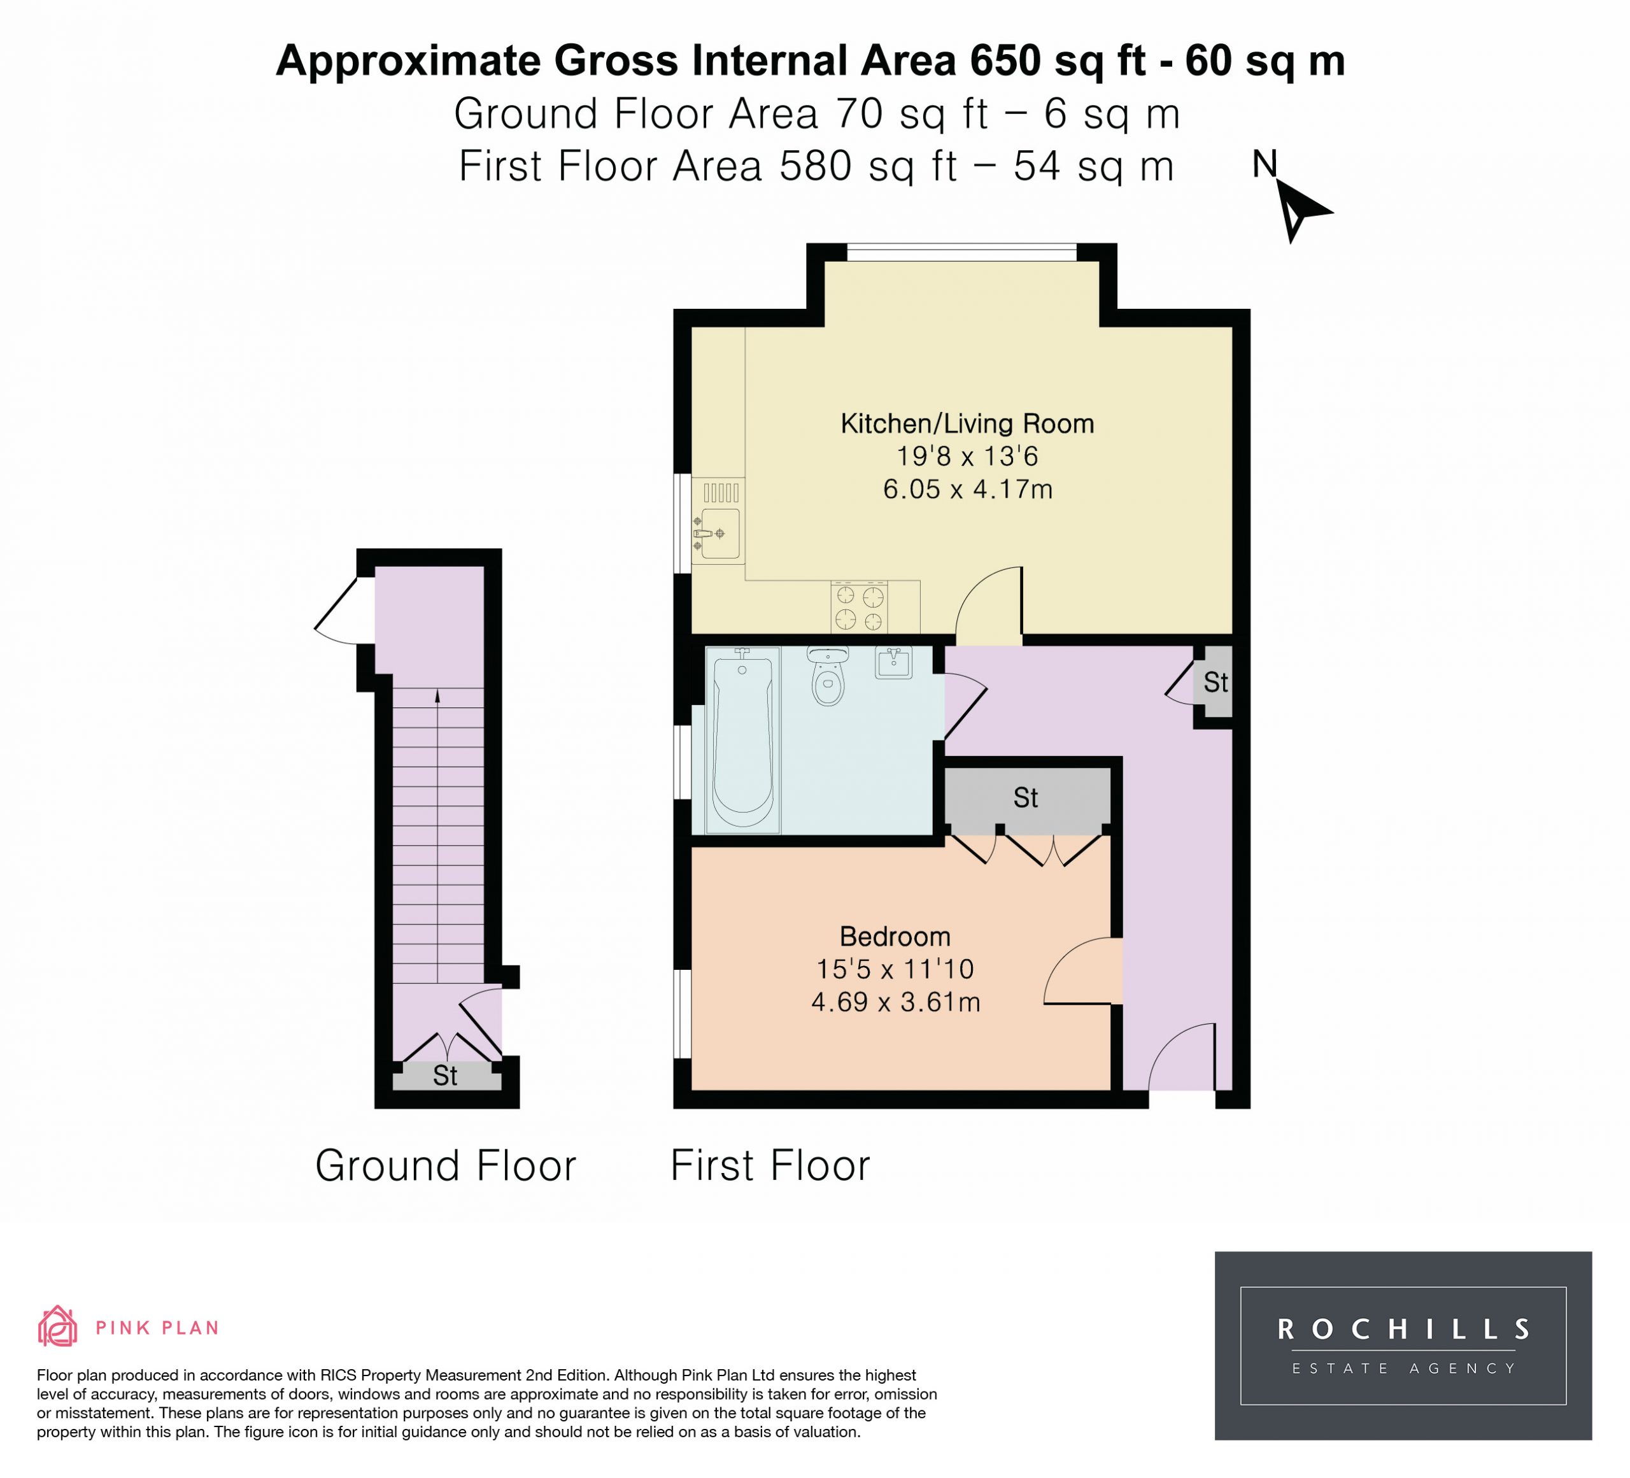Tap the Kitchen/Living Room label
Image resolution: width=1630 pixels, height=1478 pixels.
967,423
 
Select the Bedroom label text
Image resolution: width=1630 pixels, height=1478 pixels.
895,936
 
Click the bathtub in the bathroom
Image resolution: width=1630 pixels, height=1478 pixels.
742,740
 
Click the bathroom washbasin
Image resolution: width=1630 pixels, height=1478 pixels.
893,662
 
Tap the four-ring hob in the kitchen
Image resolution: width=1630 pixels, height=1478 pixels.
859,608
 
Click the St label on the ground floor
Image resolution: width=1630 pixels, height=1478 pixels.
446,1076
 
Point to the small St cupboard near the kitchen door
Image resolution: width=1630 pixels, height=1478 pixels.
1215,683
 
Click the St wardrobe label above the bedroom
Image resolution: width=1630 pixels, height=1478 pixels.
1026,798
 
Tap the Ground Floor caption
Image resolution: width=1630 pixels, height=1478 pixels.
446,1166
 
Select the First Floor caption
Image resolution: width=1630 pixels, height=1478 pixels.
770,1166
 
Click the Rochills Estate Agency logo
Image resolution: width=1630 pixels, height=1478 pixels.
1403,1346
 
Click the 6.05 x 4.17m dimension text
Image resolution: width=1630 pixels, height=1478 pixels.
967,489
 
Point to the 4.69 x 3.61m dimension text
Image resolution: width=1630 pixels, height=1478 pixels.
895,1002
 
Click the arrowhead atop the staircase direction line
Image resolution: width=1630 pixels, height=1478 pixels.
437,695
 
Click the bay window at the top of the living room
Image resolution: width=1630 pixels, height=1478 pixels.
961,252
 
